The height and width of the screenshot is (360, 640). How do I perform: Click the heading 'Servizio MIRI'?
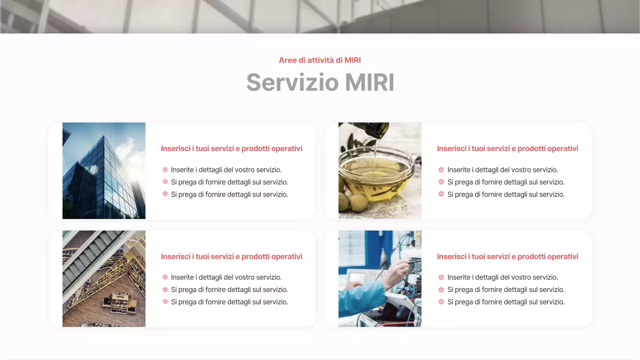click(x=320, y=82)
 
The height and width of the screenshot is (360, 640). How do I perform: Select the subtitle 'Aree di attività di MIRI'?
click(x=320, y=60)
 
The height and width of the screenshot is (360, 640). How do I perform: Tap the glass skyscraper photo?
click(x=104, y=170)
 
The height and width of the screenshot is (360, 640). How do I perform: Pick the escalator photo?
click(x=104, y=278)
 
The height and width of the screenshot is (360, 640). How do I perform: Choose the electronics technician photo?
click(x=380, y=278)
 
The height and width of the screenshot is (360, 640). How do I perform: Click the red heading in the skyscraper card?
click(x=231, y=148)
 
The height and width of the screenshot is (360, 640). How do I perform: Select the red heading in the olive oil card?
click(x=507, y=148)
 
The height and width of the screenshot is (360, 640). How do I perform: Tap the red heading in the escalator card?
click(x=231, y=256)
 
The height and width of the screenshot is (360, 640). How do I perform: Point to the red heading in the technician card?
click(x=507, y=256)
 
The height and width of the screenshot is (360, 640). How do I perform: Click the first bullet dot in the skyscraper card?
click(x=165, y=169)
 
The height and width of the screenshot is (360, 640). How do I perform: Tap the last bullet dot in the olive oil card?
click(x=441, y=194)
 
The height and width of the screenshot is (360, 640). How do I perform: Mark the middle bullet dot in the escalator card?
click(x=165, y=289)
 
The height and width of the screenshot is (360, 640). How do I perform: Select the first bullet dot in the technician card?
click(x=441, y=277)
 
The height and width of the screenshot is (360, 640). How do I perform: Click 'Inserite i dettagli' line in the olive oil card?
click(x=502, y=170)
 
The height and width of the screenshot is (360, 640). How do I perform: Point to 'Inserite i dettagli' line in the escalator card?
click(x=226, y=277)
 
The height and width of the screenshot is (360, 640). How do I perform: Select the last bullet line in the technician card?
click(x=506, y=302)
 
